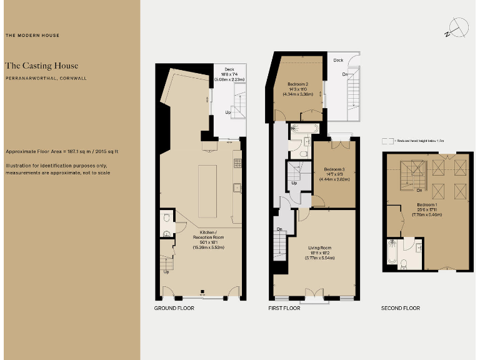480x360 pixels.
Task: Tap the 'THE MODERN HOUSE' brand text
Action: pyautogui.click(x=32, y=36)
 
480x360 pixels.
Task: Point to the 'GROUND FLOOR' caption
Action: pyautogui.click(x=174, y=308)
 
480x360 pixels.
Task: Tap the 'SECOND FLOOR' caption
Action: pyautogui.click(x=401, y=308)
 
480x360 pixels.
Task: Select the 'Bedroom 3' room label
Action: pyautogui.click(x=334, y=169)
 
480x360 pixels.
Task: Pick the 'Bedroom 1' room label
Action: pyautogui.click(x=427, y=204)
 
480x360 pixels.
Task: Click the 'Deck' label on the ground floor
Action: pyautogui.click(x=229, y=69)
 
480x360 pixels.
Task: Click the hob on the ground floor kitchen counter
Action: pyautogui.click(x=237, y=163)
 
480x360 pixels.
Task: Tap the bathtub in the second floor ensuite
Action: pyautogui.click(x=392, y=253)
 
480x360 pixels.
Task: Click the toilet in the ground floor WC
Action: pyautogui.click(x=166, y=234)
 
